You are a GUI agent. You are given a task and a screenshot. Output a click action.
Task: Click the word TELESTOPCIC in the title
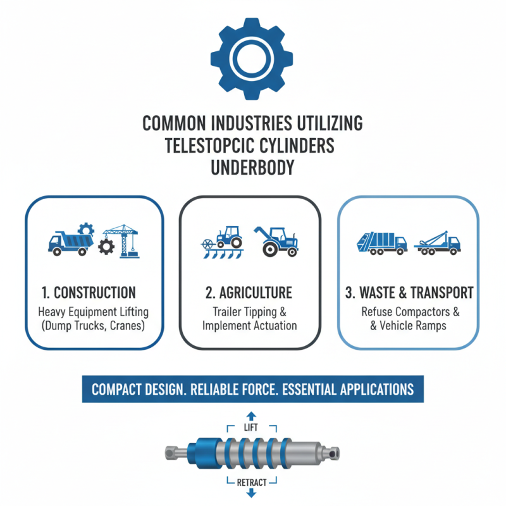(209, 145)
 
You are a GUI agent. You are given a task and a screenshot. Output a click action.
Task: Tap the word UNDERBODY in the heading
(252, 168)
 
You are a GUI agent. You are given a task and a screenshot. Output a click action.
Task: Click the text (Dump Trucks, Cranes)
(92, 326)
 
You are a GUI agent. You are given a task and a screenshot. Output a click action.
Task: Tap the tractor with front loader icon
(276, 240)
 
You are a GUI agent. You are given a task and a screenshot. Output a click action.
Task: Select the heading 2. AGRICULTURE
(249, 293)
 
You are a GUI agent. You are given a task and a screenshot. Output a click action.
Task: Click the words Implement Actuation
(249, 326)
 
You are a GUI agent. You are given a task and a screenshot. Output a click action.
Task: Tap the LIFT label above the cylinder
(251, 428)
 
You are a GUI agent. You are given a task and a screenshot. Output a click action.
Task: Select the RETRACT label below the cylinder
(251, 482)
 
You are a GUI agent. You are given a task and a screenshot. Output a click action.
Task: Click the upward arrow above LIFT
(251, 415)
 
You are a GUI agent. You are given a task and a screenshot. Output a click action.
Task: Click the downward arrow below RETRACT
(251, 494)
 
